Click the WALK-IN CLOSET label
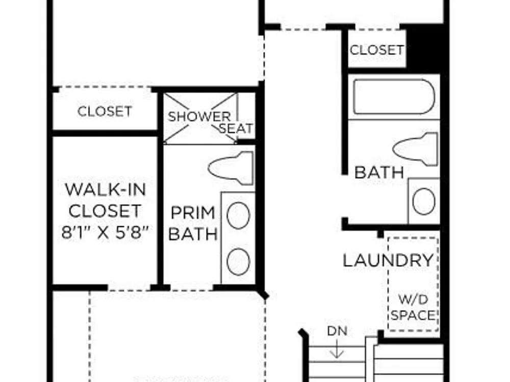pos(105,200)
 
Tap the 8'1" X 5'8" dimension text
pos(105,233)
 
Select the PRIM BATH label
pos(193,224)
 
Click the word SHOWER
pos(199,117)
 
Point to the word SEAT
pos(236,129)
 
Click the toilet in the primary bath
pos(231,168)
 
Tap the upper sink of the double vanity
pos(238,215)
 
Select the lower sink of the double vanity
pos(238,261)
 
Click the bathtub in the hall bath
pos(394,96)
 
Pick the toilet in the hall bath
pos(415,149)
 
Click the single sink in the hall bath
pos(424,201)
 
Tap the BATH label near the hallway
pos(379,172)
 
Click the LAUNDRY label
pos(389,260)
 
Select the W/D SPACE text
pos(413,307)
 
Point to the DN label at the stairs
pos(337,331)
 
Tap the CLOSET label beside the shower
pos(105,112)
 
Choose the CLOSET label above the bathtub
pos(377,50)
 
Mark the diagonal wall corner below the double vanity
pos(263,293)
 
